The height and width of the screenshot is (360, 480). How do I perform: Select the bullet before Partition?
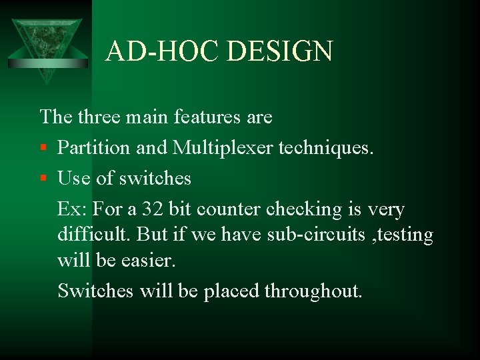point(43,148)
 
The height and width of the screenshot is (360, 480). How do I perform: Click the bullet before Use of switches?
point(43,179)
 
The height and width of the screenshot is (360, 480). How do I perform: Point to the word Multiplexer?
point(223,148)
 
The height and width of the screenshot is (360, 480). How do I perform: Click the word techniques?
point(327,148)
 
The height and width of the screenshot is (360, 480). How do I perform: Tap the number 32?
point(153,209)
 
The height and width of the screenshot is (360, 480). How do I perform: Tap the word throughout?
point(313,291)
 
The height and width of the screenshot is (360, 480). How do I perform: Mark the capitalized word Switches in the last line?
point(95,291)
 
